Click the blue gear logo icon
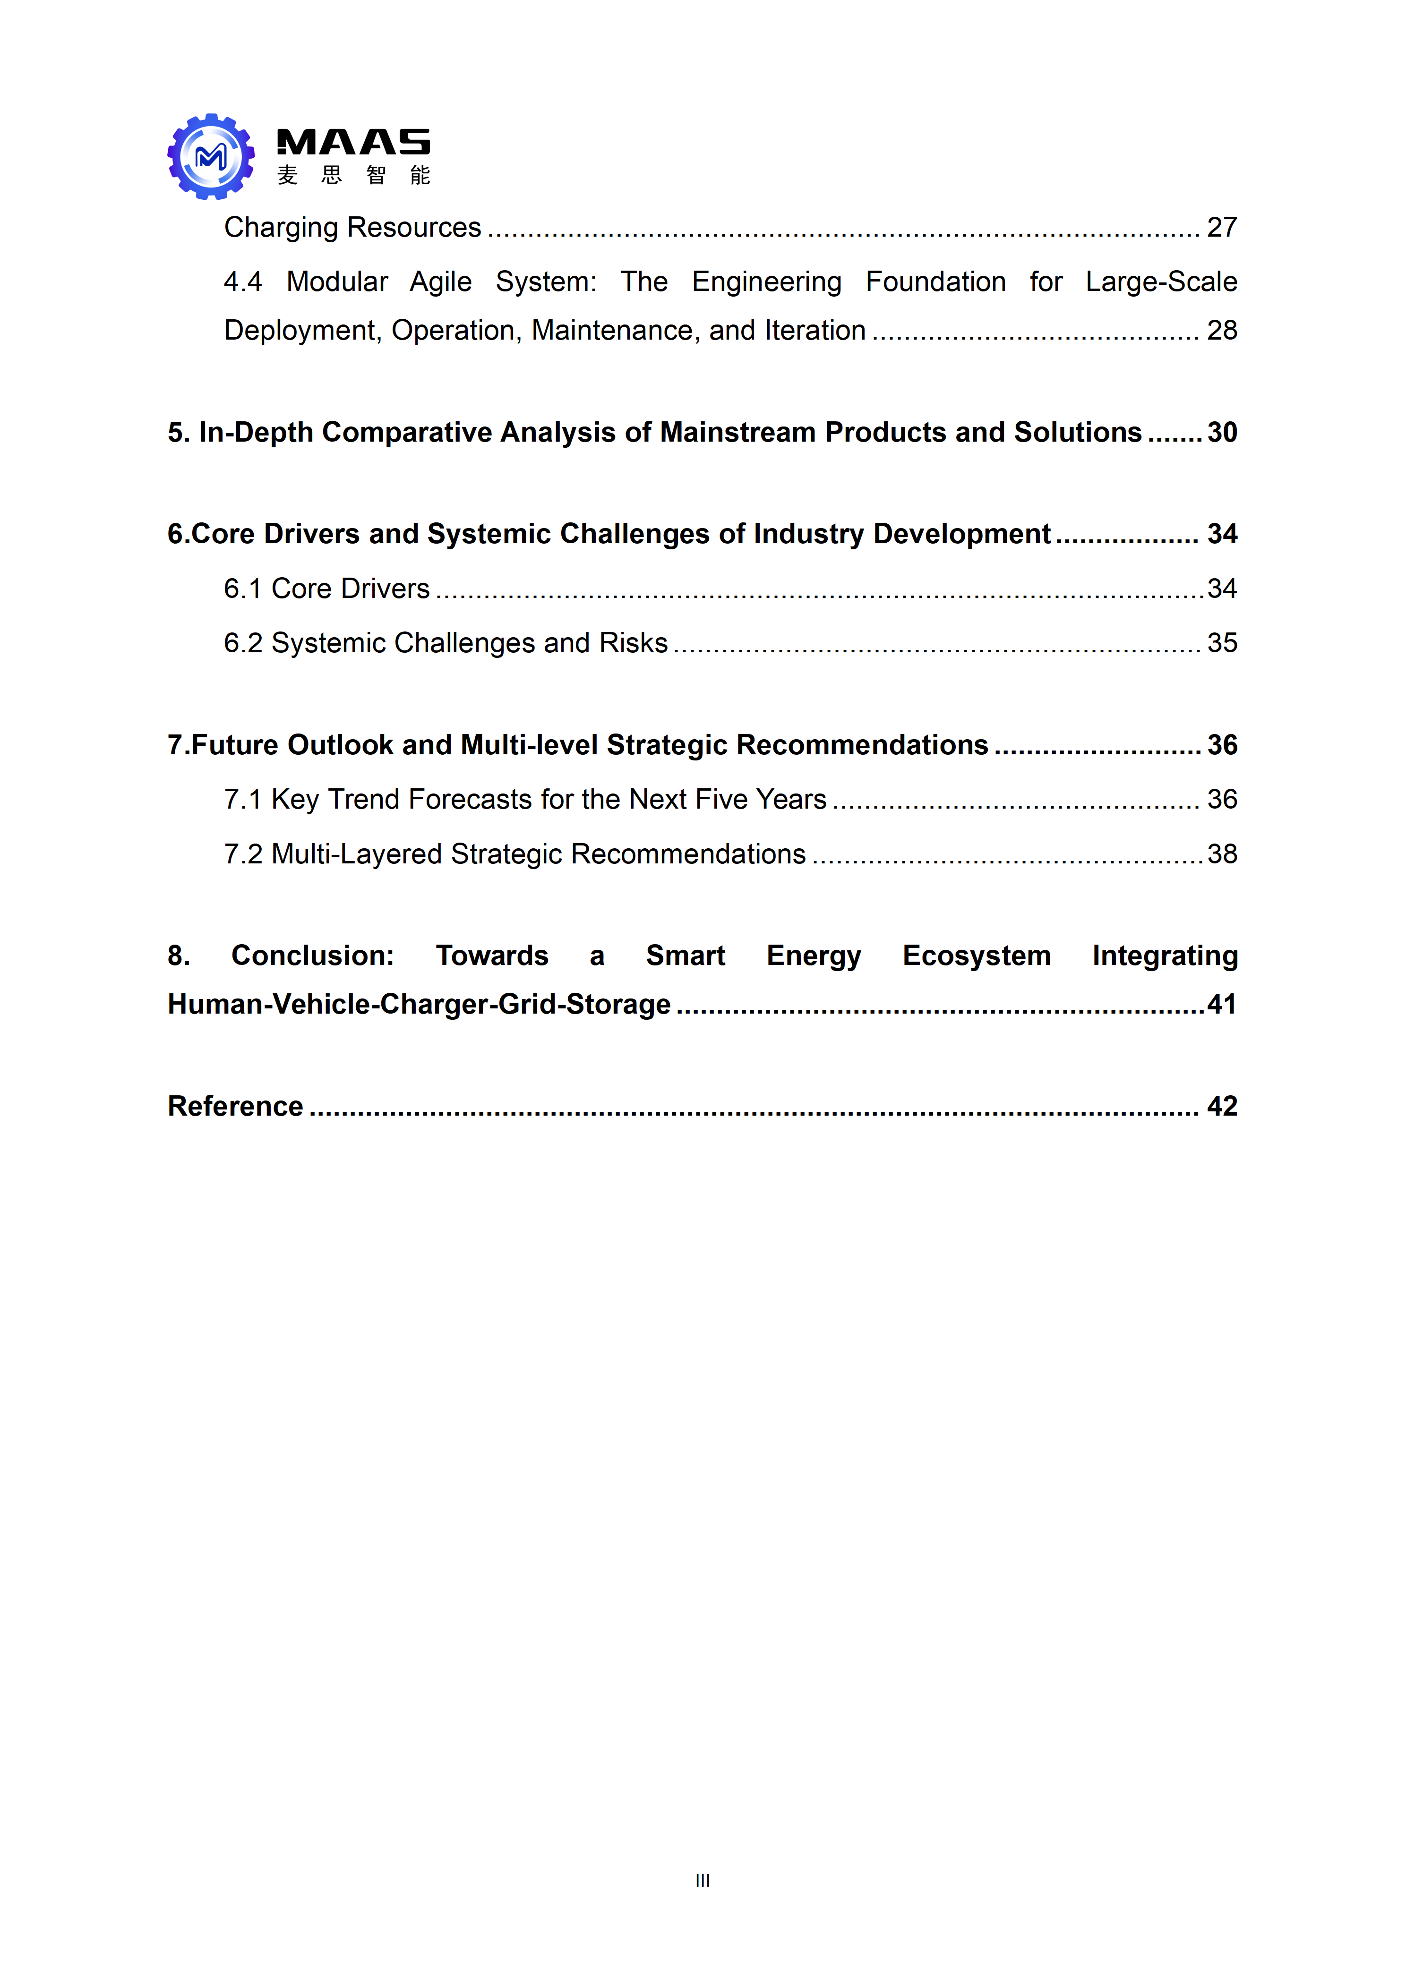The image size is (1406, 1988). (x=211, y=157)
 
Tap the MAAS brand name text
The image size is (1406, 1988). (x=352, y=142)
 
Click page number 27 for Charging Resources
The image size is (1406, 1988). (x=1221, y=228)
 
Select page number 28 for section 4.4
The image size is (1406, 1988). (x=1221, y=331)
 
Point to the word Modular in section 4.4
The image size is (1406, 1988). (x=337, y=282)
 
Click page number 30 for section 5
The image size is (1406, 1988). (x=1221, y=433)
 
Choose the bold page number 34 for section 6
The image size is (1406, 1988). (x=1221, y=534)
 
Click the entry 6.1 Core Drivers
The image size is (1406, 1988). (x=326, y=589)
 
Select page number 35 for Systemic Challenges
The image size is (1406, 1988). (x=1221, y=643)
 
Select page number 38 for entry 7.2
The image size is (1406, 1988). (x=1221, y=854)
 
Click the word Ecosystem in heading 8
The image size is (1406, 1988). (x=977, y=956)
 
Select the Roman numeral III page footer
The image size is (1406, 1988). (x=703, y=1880)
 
